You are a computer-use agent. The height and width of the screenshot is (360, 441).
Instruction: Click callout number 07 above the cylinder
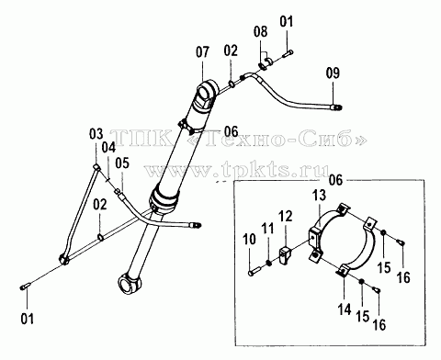[203, 52]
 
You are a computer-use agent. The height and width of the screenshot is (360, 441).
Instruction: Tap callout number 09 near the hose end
[333, 73]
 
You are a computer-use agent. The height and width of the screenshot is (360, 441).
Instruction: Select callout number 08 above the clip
[260, 31]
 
